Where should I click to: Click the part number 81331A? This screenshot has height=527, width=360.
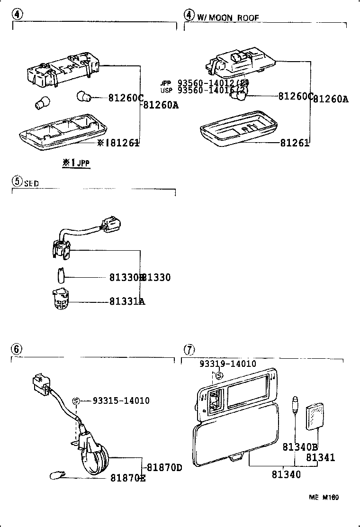[x=127, y=301]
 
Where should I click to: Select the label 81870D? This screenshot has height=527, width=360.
[x=164, y=467]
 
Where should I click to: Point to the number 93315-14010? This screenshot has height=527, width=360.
[x=121, y=401]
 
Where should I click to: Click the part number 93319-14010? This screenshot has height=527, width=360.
[x=227, y=364]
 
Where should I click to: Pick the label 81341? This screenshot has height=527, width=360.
[x=320, y=458]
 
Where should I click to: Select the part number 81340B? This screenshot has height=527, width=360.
[x=300, y=447]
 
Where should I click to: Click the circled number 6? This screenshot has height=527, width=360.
[x=17, y=349]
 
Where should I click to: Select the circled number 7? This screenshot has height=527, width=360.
[x=189, y=350]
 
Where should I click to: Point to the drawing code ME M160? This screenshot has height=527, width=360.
[x=324, y=497]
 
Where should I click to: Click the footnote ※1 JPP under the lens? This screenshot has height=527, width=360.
[x=76, y=163]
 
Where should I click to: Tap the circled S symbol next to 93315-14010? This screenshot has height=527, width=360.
[x=75, y=401]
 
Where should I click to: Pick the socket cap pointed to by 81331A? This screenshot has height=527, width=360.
[x=59, y=299]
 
